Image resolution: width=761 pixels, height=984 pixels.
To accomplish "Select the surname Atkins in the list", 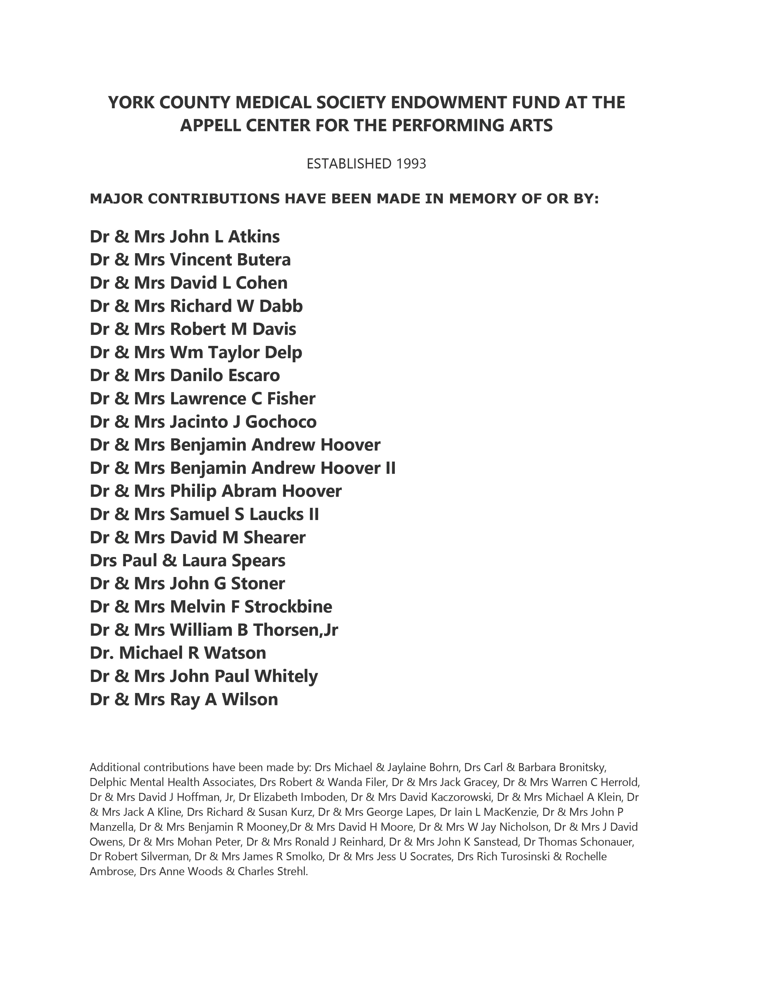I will [254, 236].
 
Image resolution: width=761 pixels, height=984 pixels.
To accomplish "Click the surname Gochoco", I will [281, 422].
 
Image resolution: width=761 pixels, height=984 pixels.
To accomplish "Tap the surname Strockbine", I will [288, 607].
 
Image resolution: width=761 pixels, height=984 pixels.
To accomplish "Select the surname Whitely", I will [286, 676].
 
